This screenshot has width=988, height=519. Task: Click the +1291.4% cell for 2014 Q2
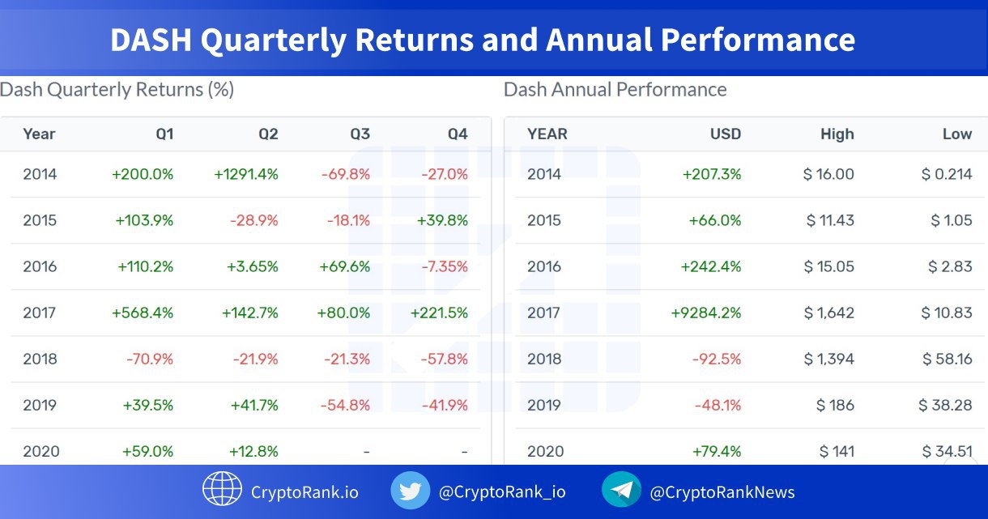(x=246, y=174)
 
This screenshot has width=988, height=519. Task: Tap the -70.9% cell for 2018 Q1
(x=149, y=359)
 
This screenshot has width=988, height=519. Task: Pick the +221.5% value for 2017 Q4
(x=439, y=313)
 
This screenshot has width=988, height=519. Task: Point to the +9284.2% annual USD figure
(x=706, y=313)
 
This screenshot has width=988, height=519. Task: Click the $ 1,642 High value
(x=828, y=313)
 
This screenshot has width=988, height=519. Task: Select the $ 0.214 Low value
(x=947, y=174)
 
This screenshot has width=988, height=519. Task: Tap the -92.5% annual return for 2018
(x=717, y=359)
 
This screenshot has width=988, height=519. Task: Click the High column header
(x=837, y=134)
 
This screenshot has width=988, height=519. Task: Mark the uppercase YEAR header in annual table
(x=547, y=134)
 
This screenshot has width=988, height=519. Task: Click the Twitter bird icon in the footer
(x=411, y=491)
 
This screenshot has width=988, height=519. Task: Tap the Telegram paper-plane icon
(x=621, y=491)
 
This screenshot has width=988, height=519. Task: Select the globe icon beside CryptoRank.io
(x=222, y=491)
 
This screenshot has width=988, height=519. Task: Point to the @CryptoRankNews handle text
(x=722, y=492)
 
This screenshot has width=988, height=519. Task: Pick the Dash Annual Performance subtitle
(x=615, y=89)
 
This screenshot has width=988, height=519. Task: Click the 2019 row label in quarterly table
(x=40, y=405)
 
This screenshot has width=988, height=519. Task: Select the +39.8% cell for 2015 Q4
(x=443, y=220)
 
